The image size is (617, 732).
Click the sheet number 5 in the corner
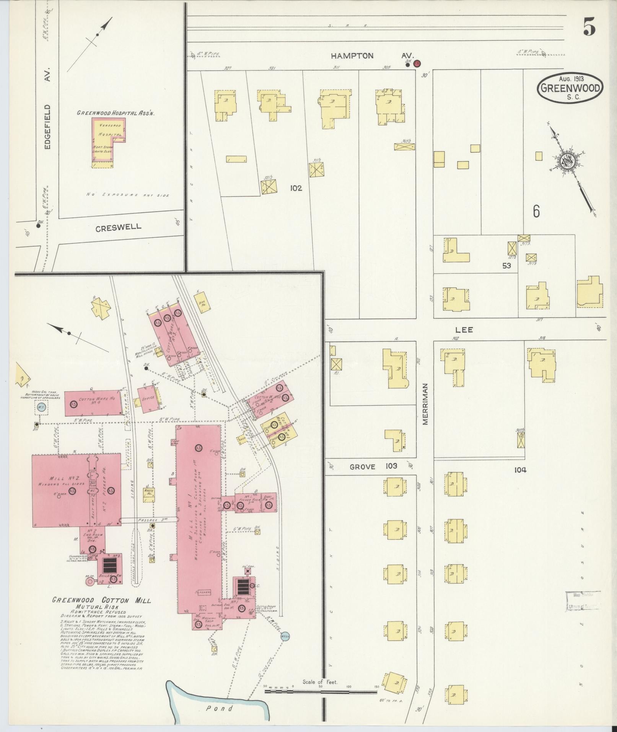pyautogui.click(x=589, y=27)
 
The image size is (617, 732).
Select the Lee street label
pyautogui.click(x=464, y=329)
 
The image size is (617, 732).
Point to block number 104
pyautogui.click(x=520, y=470)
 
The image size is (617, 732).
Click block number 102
pyautogui.click(x=296, y=188)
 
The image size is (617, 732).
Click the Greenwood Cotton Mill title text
pyautogui.click(x=101, y=600)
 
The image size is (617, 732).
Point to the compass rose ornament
pyautogui.click(x=568, y=162)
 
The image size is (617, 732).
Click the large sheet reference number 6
pyautogui.click(x=536, y=211)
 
